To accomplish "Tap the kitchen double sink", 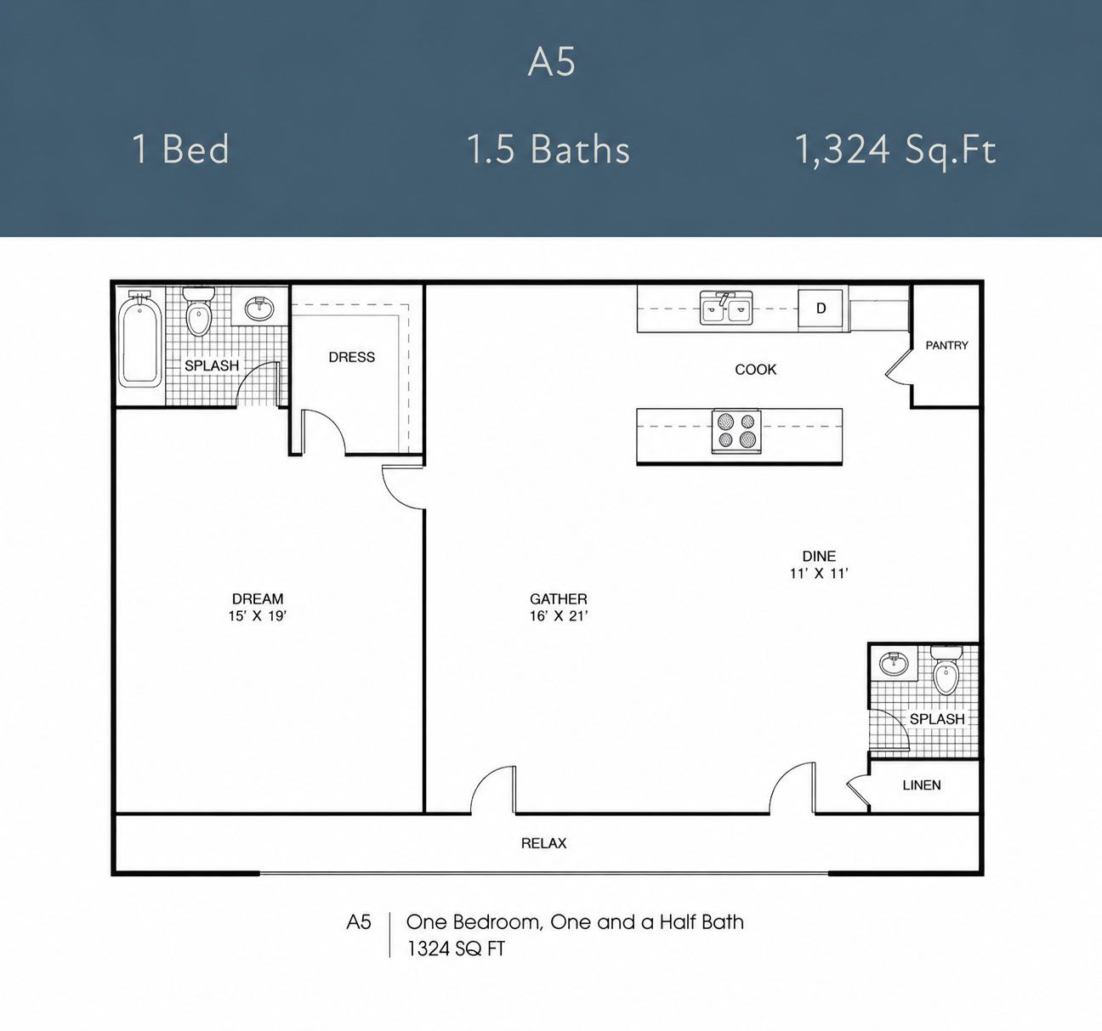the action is (726, 308).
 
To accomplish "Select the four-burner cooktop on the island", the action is (736, 431).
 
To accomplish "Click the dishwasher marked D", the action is (821, 309).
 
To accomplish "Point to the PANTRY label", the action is (946, 345).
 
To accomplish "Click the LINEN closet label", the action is (922, 785).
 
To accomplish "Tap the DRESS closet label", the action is (352, 357).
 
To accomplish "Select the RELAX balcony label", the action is (544, 843).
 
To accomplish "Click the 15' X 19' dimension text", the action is (258, 616).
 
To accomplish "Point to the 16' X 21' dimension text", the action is (559, 616).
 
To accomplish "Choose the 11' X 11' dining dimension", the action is (820, 573).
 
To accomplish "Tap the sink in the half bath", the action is (894, 663).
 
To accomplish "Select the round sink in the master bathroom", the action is (259, 308).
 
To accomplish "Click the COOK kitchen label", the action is (756, 370).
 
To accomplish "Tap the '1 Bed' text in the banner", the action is (181, 149).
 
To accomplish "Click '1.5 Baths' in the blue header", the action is (548, 149).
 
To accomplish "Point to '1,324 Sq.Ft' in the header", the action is (895, 150).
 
